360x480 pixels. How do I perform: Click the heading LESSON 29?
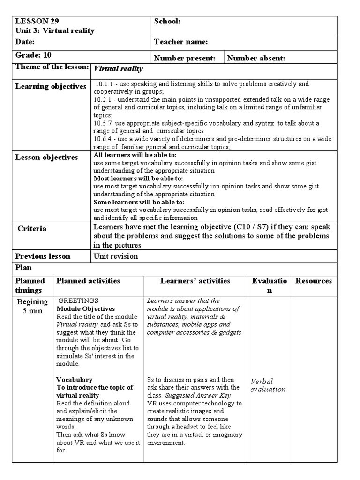pos(37,22)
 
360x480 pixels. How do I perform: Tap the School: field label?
pos(167,22)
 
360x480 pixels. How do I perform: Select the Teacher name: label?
pos(180,42)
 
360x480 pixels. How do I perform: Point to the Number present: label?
pos(185,58)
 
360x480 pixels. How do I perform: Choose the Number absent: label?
pos(256,58)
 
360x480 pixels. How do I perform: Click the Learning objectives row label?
pos(51,86)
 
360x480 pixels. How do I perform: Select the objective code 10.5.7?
pos(103,123)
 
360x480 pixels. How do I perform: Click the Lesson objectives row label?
pos(46,157)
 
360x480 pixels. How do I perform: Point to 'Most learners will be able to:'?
pos(139,179)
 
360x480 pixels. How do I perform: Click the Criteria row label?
pos(32,229)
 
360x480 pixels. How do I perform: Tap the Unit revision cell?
pos(116,256)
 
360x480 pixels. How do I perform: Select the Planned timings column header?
pos(30,285)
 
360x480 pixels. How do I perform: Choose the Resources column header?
pos(313,281)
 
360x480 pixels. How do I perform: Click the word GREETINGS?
pos(78,301)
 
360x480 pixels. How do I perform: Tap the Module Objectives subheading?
pos(85,309)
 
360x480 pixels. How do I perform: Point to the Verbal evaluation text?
pos(268,385)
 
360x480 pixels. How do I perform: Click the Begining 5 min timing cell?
pos(32,306)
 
